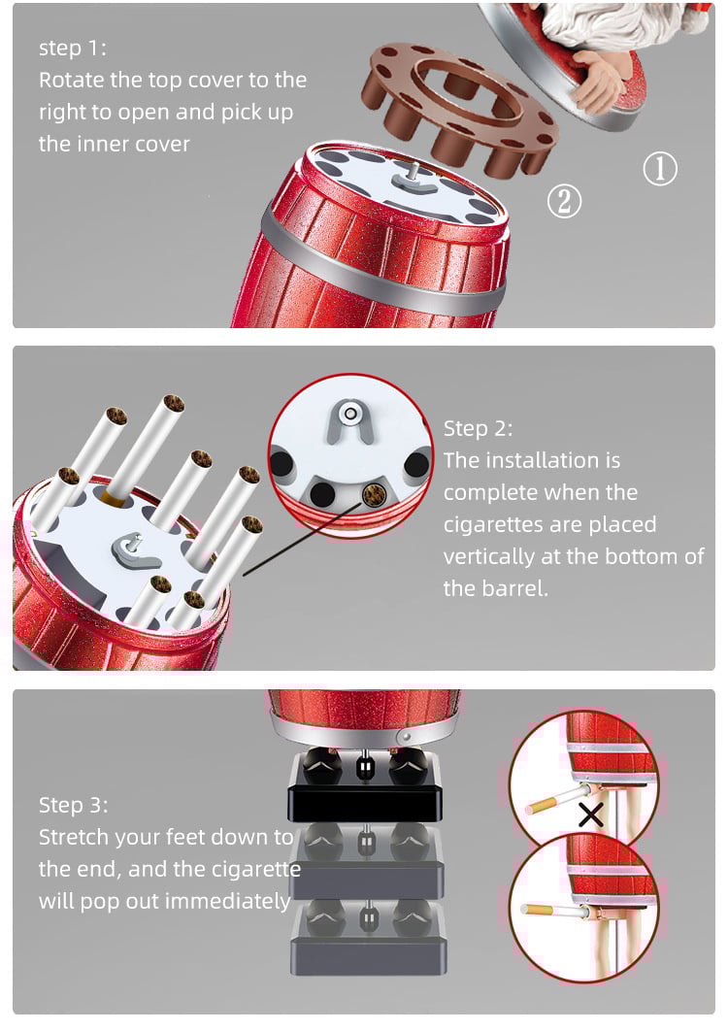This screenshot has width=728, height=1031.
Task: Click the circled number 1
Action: (x=660, y=168)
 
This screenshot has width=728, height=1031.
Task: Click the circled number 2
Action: (x=564, y=201)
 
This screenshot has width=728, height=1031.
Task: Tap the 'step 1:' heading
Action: (x=73, y=48)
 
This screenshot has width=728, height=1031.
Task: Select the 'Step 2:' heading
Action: (x=478, y=428)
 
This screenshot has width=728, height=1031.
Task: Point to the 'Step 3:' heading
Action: (x=73, y=804)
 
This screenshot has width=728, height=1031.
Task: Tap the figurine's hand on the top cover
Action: (x=596, y=78)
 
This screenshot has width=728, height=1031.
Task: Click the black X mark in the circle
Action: (x=590, y=815)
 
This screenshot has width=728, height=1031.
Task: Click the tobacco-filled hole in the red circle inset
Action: (x=374, y=494)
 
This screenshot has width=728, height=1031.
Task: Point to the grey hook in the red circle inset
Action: (x=350, y=420)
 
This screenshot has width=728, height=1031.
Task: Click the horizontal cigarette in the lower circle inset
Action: (x=551, y=911)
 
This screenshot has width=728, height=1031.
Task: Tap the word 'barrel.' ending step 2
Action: (x=495, y=588)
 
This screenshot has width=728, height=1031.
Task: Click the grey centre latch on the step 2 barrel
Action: (x=136, y=550)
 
